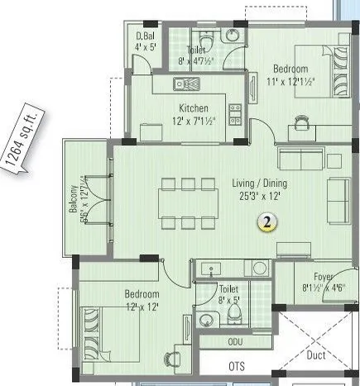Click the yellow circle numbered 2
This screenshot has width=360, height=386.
(266, 221)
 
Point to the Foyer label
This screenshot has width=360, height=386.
(323, 277)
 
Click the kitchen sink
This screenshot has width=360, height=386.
(184, 83)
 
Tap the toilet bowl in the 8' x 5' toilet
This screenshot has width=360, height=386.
(235, 315)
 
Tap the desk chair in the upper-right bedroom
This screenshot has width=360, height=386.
(301, 122)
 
